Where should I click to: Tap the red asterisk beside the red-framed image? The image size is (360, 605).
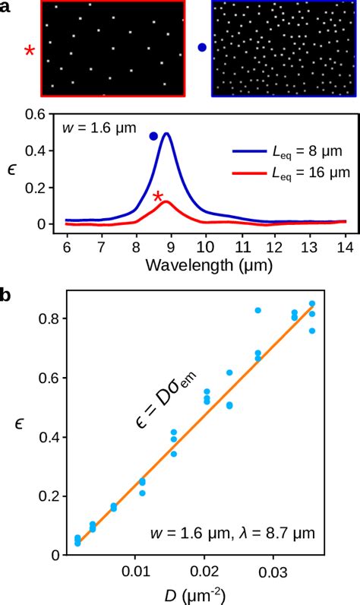coord(30,51)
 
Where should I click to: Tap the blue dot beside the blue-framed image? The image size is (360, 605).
coord(201,48)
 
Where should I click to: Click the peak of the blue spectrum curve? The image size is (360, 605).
coord(166,134)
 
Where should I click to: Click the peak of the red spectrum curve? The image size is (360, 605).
coord(166,201)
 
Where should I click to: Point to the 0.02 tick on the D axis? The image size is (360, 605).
coord(205,570)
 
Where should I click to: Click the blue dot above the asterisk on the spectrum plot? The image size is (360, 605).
coord(153,136)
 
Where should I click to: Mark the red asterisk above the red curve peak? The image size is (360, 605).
coord(158,198)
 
